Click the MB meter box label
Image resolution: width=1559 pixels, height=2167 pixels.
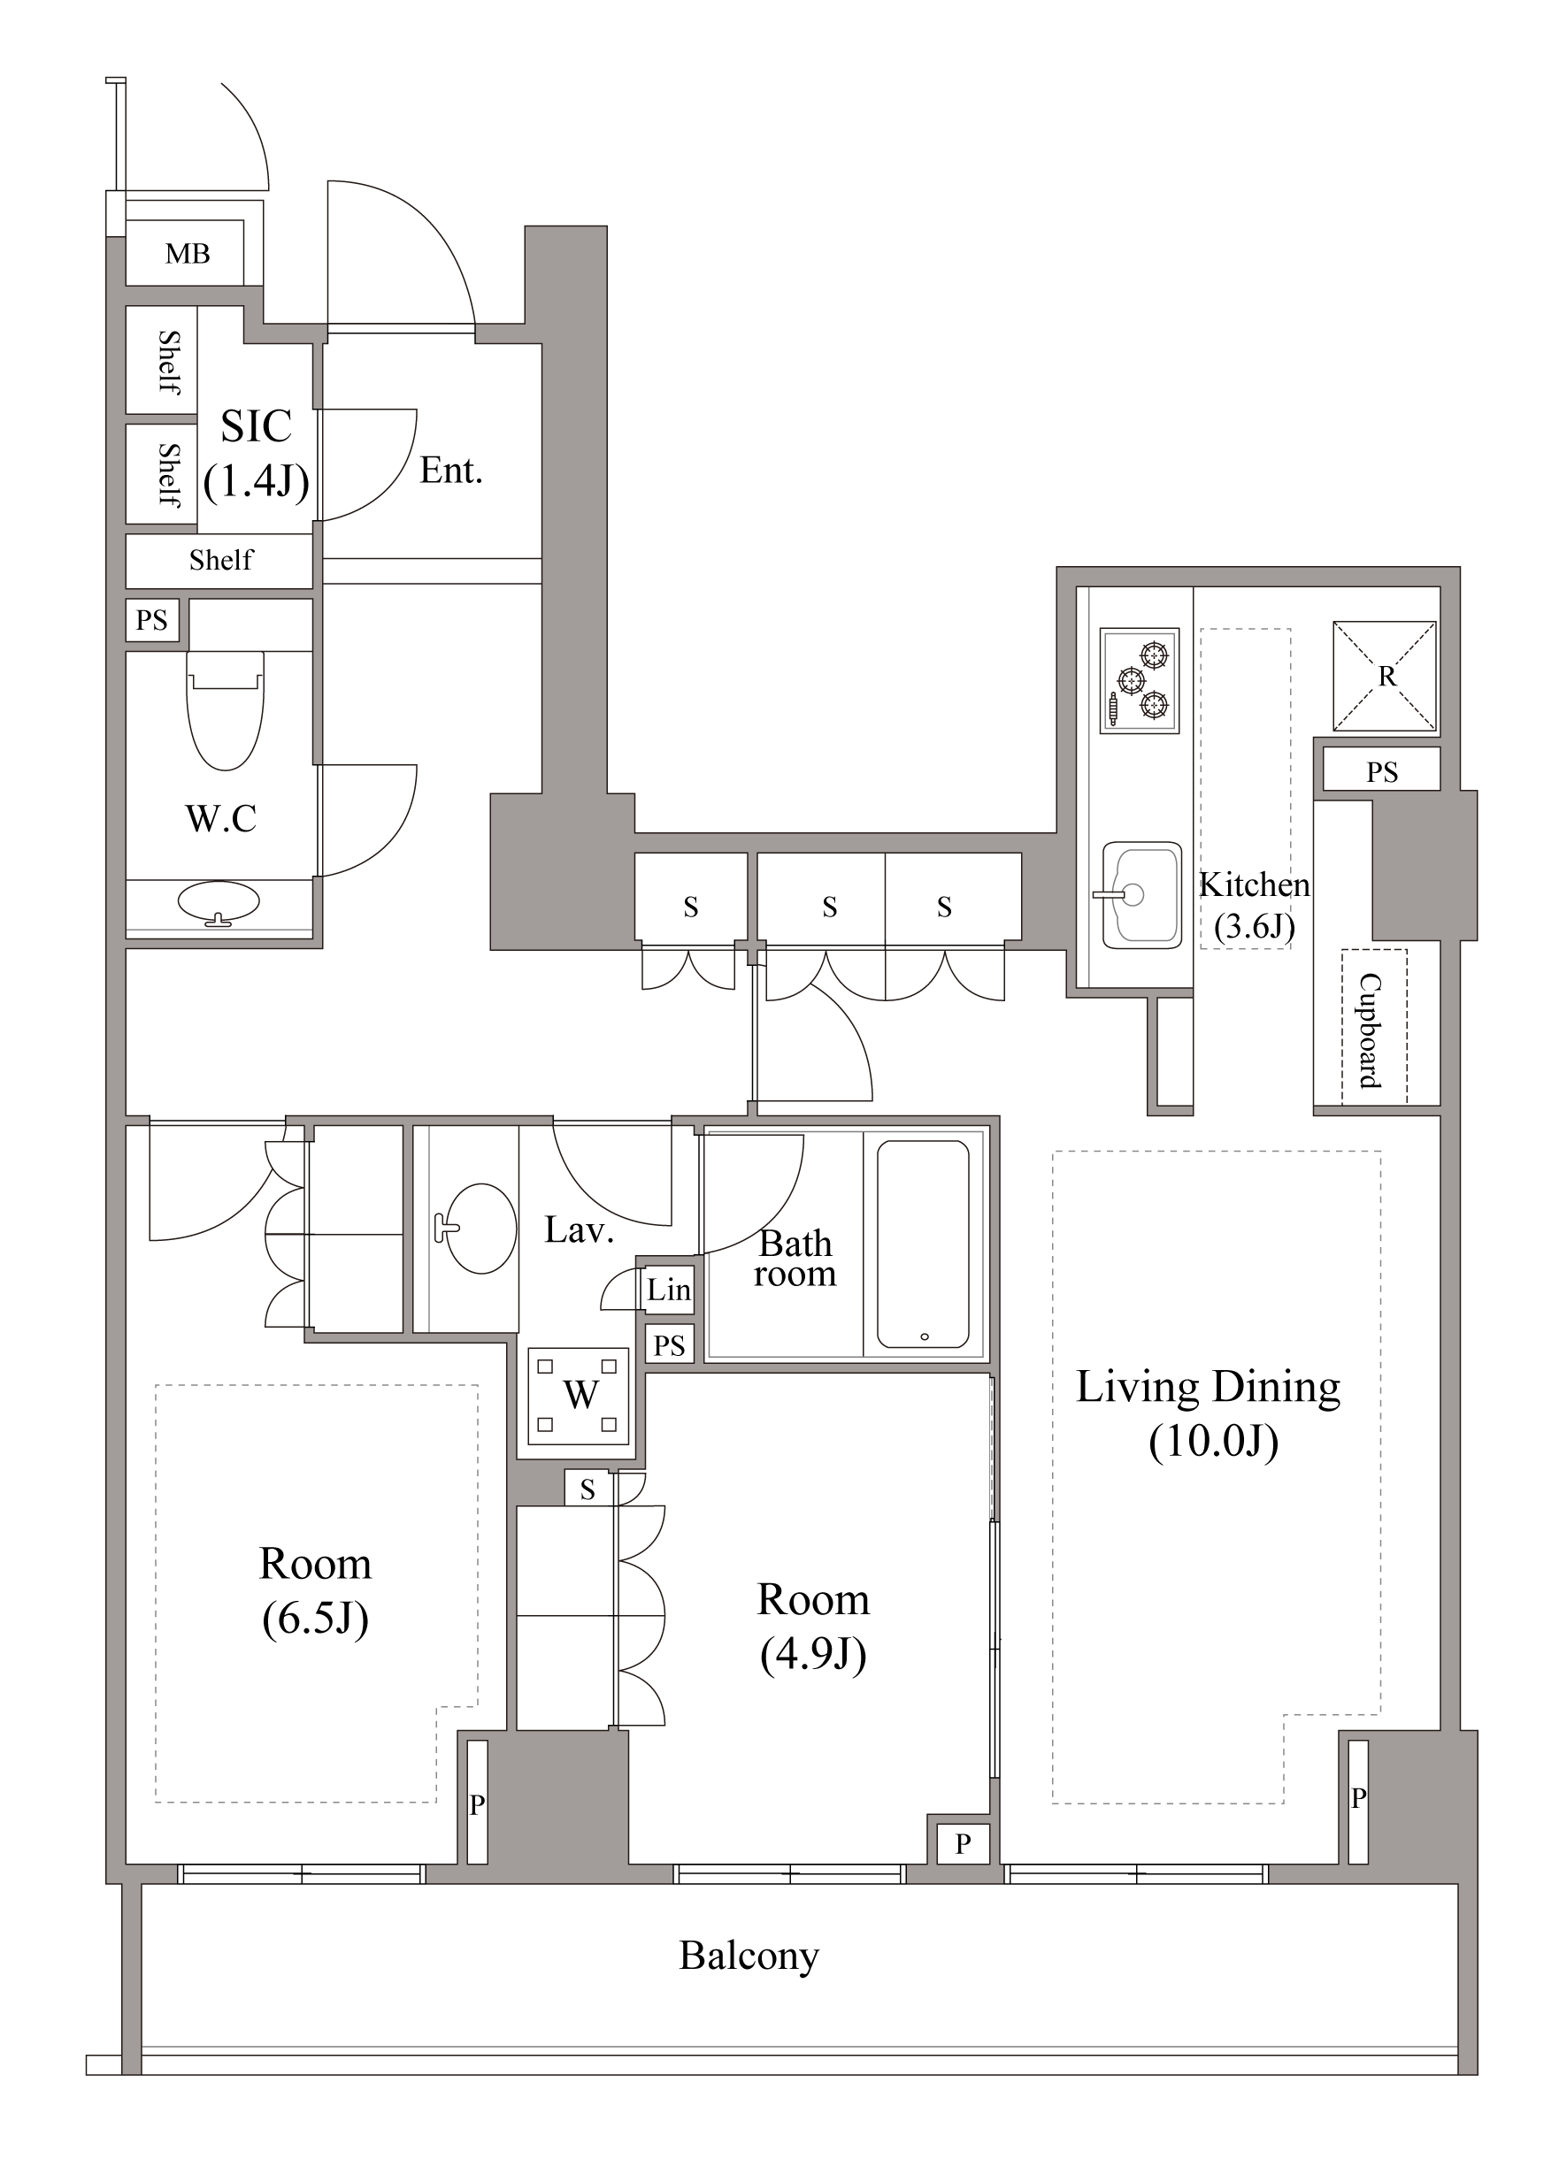188,253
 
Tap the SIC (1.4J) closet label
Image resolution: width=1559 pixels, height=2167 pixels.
257,454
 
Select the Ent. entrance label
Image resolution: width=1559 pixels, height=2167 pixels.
451,471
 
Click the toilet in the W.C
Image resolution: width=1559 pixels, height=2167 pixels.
225,710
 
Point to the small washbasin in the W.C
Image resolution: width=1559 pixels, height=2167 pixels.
219,903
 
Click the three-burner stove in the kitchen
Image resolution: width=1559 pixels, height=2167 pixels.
1139,680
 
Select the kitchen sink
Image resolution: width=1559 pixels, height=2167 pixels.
1141,895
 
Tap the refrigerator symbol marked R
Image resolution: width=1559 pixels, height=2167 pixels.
1384,676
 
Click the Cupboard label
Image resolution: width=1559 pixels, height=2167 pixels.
1371,1030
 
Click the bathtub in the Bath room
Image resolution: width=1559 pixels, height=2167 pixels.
923,1244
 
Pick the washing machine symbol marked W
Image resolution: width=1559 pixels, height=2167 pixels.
580,1396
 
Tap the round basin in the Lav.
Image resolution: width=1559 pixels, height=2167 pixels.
480,1229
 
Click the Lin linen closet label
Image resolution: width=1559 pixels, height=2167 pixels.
668,1290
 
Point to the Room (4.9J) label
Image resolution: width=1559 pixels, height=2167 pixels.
813,1627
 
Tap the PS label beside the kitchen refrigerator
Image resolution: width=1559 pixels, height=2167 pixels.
1382,772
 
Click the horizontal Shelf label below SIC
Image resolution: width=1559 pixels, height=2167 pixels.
222,560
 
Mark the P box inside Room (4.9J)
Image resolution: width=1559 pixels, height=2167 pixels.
963,1844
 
